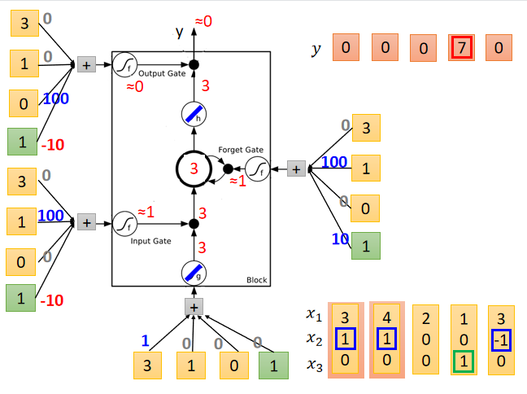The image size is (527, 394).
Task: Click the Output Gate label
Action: [x=162, y=74]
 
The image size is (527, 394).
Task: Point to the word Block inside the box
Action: [x=256, y=280]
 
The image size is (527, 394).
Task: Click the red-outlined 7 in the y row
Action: [x=461, y=49]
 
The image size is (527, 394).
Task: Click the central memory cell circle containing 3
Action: [x=194, y=169]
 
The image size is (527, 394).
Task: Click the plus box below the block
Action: [x=194, y=306]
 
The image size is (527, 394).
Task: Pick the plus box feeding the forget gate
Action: [x=296, y=169]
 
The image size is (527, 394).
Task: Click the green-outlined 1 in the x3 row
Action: [x=462, y=360]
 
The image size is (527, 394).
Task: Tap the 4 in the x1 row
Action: [x=387, y=316]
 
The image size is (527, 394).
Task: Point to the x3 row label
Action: [x=314, y=366]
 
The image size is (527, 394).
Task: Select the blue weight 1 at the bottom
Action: [x=146, y=341]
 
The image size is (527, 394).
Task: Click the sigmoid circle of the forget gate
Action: [x=257, y=169]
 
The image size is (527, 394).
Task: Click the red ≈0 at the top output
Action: [x=203, y=21]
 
